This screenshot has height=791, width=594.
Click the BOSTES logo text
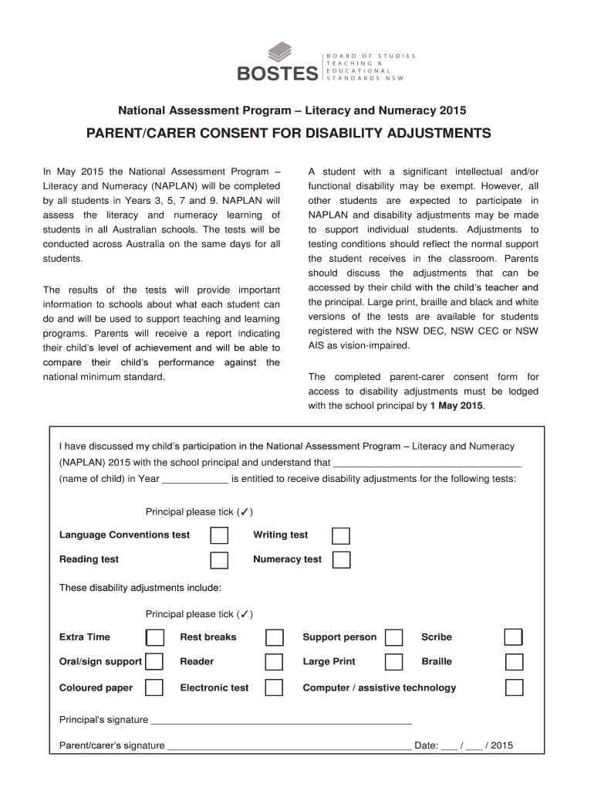(277, 73)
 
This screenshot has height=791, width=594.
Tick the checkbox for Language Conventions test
(220, 535)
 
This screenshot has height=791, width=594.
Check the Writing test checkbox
(340, 535)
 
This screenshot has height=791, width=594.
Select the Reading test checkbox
(220, 559)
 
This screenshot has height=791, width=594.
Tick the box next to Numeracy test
(341, 559)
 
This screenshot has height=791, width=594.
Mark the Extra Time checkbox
(155, 637)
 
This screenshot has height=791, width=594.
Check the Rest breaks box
(275, 637)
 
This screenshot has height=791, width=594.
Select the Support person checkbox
(394, 637)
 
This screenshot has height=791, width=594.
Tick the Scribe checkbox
(514, 637)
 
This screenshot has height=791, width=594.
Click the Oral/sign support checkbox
(155, 662)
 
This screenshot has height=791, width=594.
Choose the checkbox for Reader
(275, 662)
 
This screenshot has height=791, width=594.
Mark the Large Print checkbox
(394, 662)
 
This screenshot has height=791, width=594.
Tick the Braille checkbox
(514, 662)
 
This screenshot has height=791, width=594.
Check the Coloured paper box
(155, 687)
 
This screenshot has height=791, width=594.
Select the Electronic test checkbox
(275, 687)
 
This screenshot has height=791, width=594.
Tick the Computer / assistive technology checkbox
(514, 687)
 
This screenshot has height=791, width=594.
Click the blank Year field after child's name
(195, 479)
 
